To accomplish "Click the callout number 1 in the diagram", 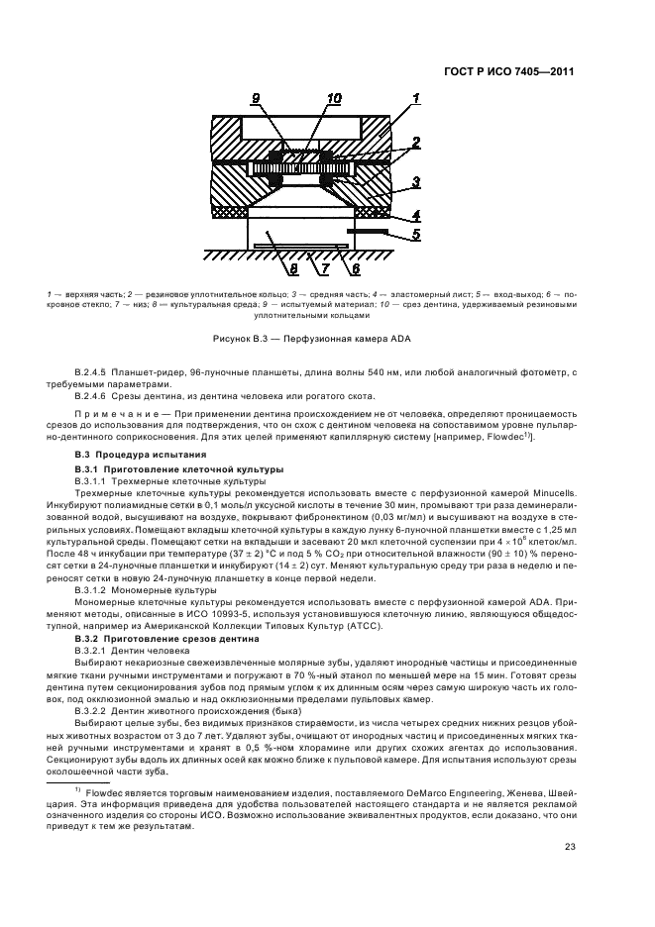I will tap(417, 97).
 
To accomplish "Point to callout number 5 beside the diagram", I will tap(417, 235).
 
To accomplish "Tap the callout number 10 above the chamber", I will tap(334, 98).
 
